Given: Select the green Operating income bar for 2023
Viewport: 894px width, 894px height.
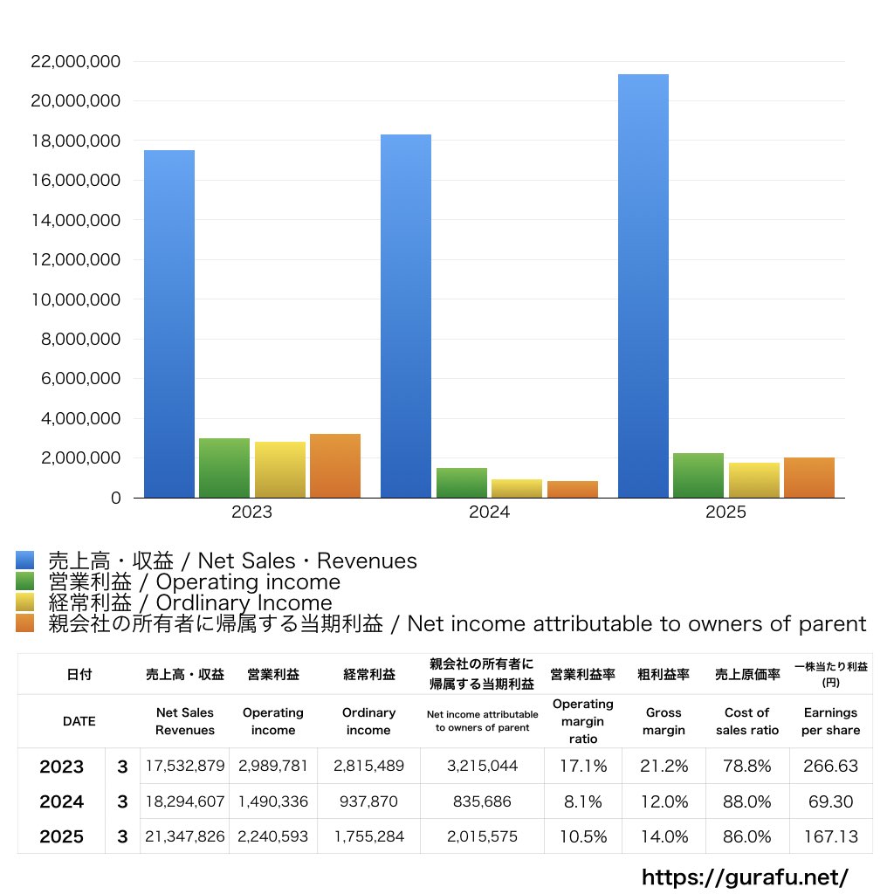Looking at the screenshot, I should pos(224,468).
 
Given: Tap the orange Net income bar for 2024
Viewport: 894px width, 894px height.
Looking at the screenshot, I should pos(573,490).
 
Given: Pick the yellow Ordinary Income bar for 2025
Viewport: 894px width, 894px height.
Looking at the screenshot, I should pos(754,480).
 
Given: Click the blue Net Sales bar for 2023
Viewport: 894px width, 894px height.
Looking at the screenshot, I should pos(168,324).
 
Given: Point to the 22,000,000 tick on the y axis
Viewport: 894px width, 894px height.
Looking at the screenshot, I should pos(75,62).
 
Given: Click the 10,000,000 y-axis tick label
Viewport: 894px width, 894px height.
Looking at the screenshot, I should pos(75,299).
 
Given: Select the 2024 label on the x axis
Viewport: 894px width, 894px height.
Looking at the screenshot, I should pos(489,512).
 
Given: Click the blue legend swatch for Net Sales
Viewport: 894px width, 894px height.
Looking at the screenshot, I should pos(24,560).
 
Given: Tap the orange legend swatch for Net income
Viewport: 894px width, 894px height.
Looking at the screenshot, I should pos(24,623).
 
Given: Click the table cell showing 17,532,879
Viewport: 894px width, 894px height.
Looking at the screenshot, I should pos(185,767).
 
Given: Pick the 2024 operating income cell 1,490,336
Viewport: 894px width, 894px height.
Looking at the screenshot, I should pos(273,801).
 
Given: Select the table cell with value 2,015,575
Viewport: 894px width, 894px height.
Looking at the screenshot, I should pos(482,836).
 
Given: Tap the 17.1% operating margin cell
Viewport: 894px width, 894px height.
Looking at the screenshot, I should pos(583,767).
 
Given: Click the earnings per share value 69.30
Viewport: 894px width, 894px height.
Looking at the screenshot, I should pos(831,801).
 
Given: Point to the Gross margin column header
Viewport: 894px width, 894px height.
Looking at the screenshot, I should pos(664,721).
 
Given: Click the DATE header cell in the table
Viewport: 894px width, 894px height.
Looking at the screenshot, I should pos(79,721).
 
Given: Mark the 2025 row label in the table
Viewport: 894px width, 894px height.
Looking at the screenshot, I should pos(62,836).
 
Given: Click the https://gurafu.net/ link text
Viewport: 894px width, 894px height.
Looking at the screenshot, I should pos(745,877).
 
